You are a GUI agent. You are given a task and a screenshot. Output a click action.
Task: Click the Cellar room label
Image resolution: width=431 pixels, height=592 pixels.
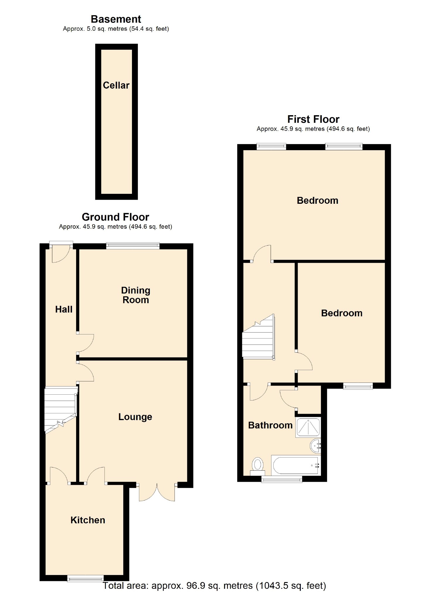coord(116,85)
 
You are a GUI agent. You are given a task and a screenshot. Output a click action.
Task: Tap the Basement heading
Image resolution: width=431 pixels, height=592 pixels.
coord(116,19)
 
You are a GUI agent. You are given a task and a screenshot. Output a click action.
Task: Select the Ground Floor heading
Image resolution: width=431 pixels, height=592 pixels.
coord(115,217)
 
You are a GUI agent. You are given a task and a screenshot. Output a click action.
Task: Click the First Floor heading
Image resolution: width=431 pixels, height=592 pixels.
coord(313,119)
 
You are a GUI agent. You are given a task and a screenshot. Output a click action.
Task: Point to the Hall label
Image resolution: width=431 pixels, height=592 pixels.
coord(63,309)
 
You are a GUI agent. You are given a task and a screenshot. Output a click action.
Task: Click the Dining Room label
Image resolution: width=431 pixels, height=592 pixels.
coord(135,295)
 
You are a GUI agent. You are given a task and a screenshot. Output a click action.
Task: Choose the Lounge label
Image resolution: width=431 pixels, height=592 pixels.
coord(135,417)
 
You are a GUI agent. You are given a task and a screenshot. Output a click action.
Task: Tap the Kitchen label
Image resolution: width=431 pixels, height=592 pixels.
coord(87,520)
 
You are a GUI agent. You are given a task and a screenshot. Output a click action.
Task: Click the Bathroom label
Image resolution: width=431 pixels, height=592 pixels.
coord(270,425)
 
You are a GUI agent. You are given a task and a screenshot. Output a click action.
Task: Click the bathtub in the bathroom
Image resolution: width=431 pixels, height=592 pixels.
coord(296,465)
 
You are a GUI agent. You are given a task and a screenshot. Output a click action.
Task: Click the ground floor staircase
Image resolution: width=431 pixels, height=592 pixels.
coord(60,409)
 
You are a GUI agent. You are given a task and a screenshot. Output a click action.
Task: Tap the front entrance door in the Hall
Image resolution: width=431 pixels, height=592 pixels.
coord(61,253)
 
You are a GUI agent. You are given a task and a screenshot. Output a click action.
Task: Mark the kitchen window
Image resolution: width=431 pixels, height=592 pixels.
coord(85,578)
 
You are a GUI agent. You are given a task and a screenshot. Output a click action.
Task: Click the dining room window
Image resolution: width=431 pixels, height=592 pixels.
coord(133,246)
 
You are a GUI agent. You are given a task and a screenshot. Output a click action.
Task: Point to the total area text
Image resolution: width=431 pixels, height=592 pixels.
coord(214,586)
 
